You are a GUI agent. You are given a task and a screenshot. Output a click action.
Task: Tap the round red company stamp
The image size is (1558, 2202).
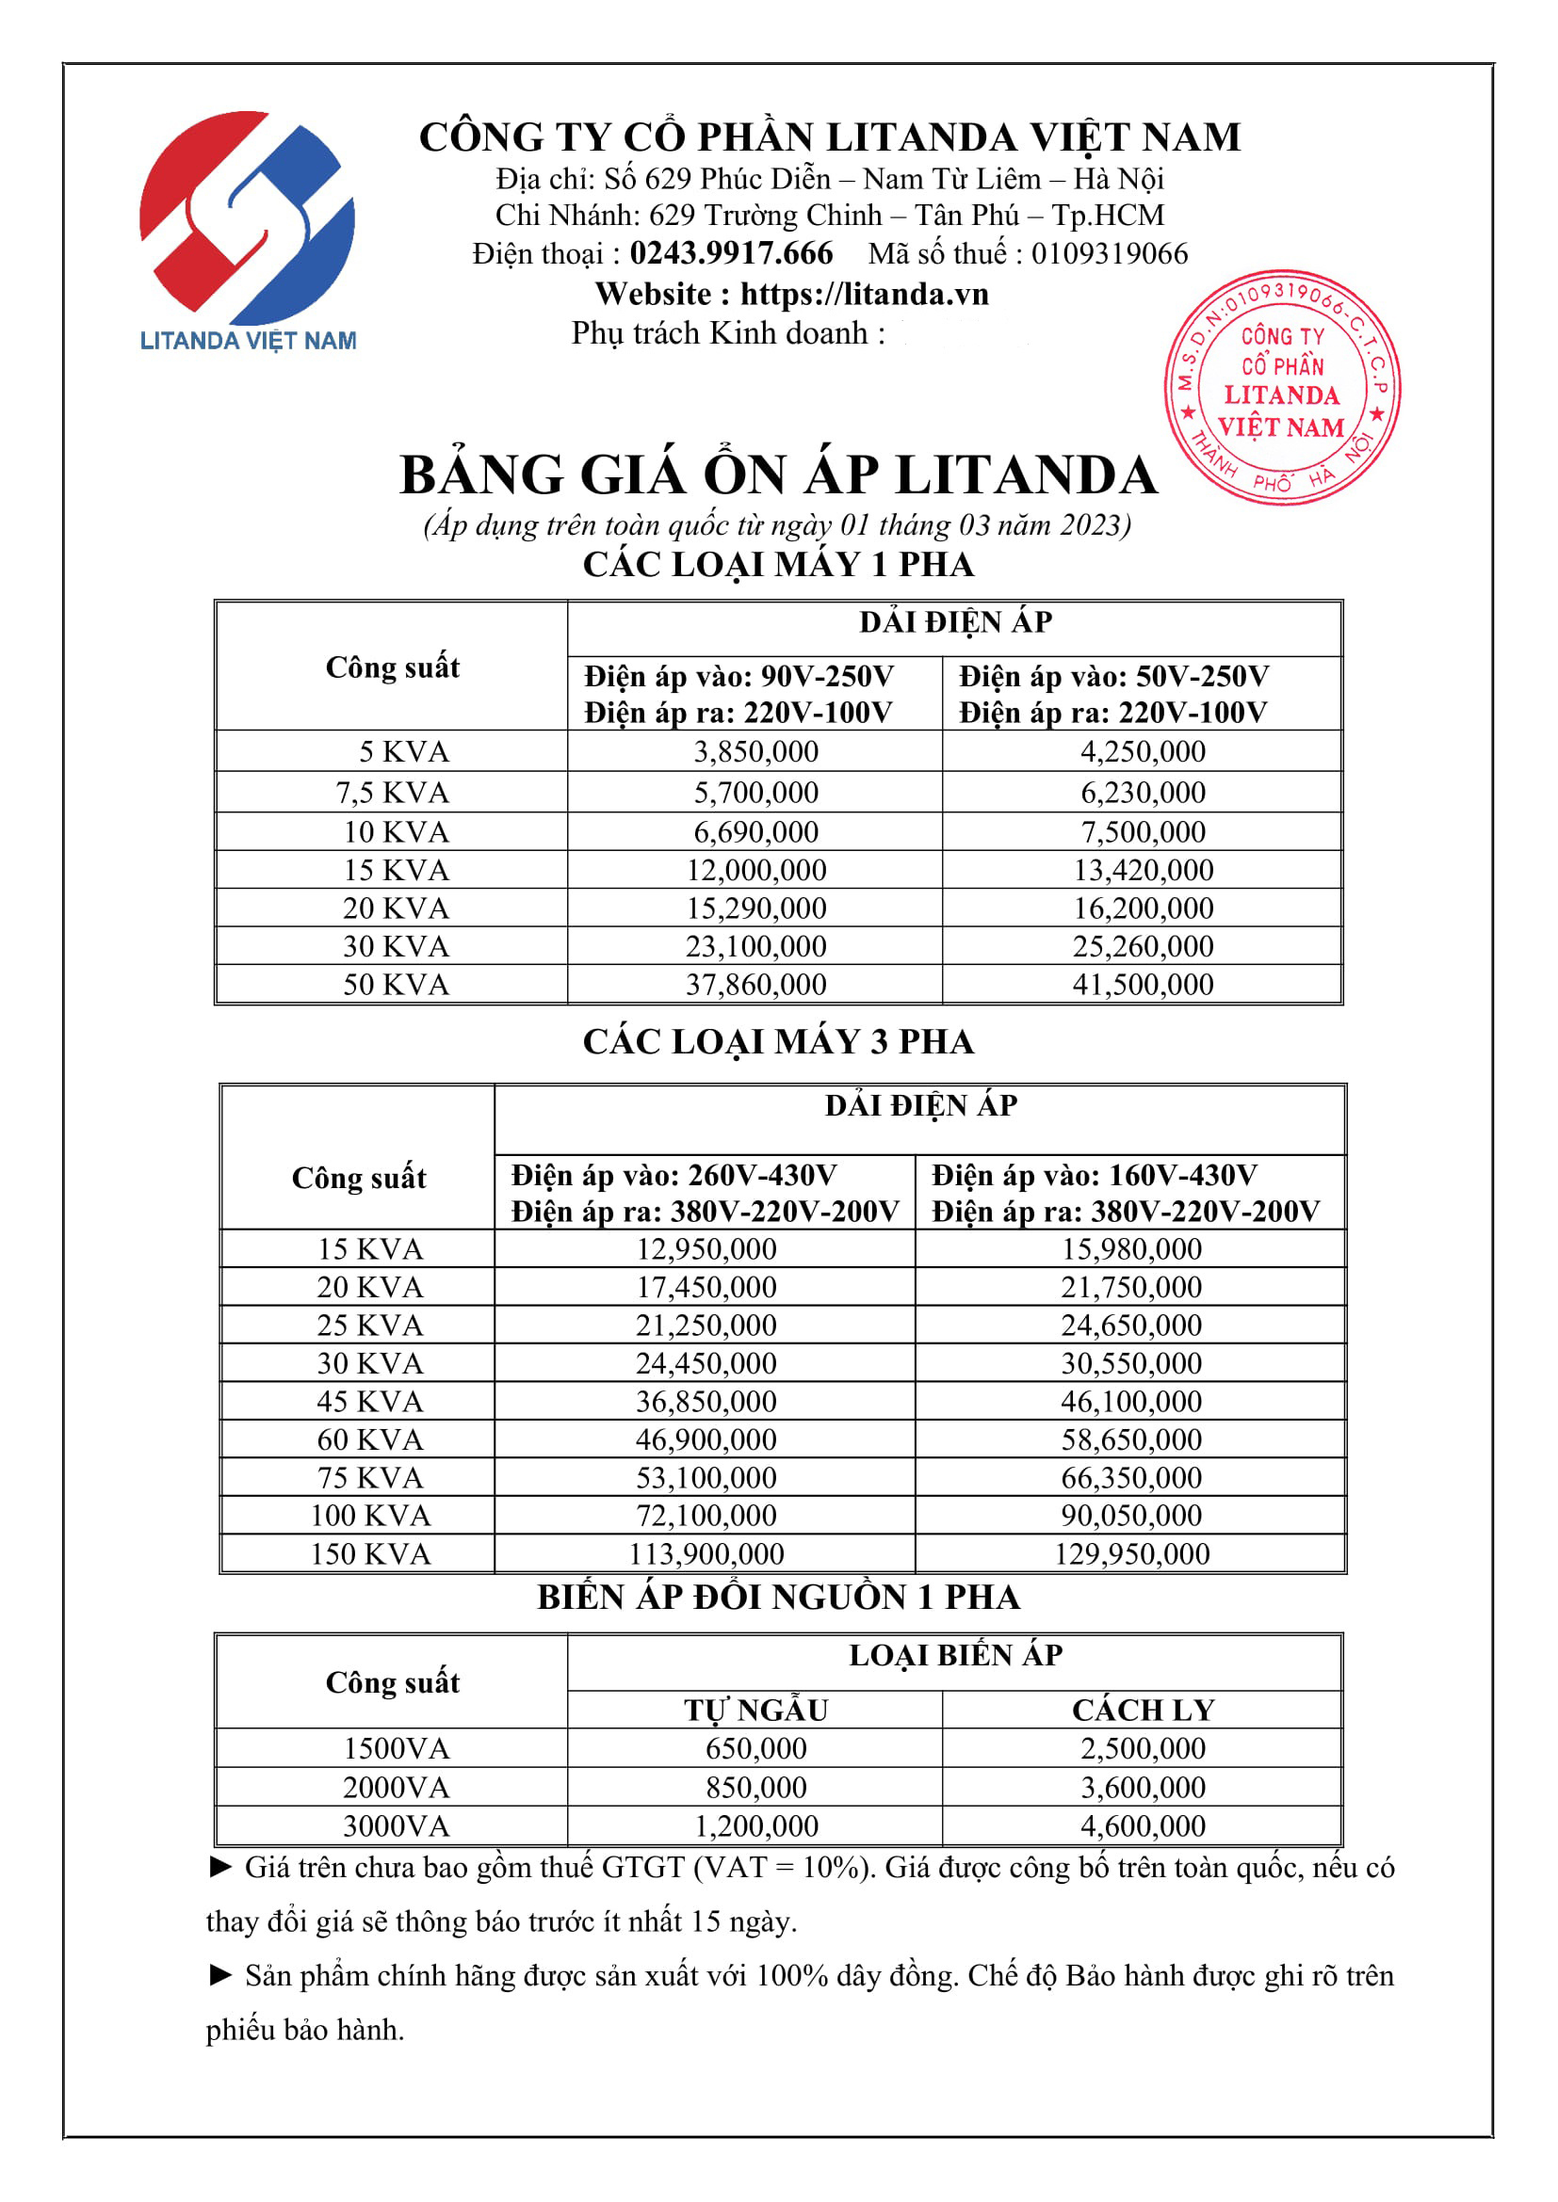pos(1282,388)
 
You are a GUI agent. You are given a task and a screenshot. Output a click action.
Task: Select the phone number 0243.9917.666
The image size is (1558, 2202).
pos(731,253)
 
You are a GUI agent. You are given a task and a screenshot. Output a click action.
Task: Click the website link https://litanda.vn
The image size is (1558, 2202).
pos(864,294)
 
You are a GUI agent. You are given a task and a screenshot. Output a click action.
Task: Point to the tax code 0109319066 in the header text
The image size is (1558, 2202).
pos(1109,253)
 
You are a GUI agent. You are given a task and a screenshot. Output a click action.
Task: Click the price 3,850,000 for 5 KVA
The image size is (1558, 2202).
pos(756,752)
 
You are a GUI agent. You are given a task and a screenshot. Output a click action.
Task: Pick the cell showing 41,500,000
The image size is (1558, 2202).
pos(1143,985)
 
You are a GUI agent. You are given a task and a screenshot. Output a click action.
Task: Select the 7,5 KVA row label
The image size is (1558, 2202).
pos(393,793)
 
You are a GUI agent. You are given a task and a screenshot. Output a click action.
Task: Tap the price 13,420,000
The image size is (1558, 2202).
pos(1143,871)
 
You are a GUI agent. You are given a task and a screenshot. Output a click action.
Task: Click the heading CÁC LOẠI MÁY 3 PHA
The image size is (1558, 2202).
pos(778,1042)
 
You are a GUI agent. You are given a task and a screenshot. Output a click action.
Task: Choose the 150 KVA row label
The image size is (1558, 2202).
pos(370,1553)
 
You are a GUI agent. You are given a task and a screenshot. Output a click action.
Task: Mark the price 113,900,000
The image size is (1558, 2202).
pos(706,1553)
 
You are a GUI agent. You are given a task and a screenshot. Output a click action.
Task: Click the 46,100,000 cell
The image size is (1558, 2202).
pos(1131,1402)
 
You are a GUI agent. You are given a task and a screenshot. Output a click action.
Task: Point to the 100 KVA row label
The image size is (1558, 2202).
pos(370,1517)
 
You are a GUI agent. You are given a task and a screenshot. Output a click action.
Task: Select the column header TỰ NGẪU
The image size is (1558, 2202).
pos(756,1710)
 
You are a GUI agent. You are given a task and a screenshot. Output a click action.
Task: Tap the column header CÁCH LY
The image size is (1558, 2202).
pos(1143,1710)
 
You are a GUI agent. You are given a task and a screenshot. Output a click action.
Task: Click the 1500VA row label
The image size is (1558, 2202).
pos(397,1749)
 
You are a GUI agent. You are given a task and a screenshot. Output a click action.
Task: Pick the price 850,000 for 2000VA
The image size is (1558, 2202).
pos(756,1788)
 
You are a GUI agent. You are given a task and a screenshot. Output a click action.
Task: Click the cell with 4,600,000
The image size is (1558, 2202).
pos(1143,1826)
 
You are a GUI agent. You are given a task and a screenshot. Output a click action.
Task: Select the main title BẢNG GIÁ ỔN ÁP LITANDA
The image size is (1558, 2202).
pos(778,475)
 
